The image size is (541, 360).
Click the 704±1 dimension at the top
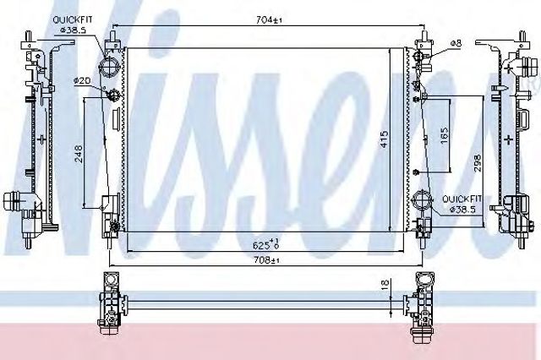269,20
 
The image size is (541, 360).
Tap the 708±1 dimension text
266,260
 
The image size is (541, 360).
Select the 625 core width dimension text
265,244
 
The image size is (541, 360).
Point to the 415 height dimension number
385,139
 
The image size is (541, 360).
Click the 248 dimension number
79,154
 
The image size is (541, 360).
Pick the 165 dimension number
445,135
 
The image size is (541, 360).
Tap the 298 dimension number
478,163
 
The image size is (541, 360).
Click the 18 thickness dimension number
385,284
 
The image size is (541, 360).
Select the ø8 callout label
455,43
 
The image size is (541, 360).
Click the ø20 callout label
82,80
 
